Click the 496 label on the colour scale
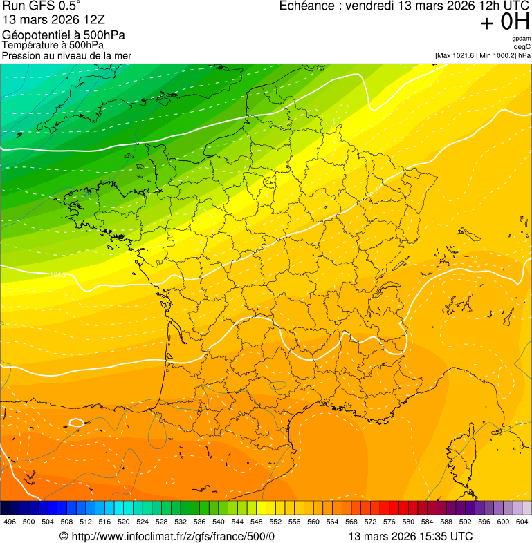(x=10, y=522)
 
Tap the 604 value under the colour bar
(x=522, y=522)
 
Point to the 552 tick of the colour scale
(x=275, y=522)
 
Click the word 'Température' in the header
(x=29, y=46)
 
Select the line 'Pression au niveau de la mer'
(x=66, y=55)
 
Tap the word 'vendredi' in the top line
(x=369, y=6)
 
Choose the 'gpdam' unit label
(x=522, y=39)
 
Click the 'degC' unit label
(x=522, y=46)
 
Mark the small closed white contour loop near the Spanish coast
(x=77, y=422)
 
